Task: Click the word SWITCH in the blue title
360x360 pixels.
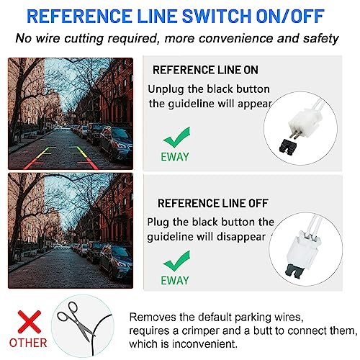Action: (x=217, y=17)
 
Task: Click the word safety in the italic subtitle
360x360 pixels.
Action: (x=320, y=39)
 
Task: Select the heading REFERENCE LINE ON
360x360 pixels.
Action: (x=205, y=70)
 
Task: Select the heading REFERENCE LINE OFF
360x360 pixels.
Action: (x=213, y=203)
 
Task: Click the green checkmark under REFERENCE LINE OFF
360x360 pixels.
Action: (x=177, y=261)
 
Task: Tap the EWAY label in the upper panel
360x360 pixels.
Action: (x=175, y=157)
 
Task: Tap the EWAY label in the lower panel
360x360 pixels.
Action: (x=175, y=281)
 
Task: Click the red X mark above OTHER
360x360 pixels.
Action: (x=30, y=322)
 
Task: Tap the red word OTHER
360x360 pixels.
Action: (x=28, y=343)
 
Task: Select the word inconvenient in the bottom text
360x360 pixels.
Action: (x=204, y=344)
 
